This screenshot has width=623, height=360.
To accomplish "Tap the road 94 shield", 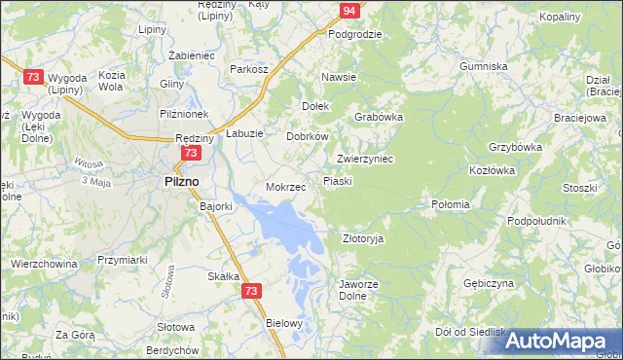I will pos(350,11).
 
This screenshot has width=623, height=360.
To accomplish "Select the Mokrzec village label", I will pos(286,186).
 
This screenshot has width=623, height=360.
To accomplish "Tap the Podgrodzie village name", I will pos(354,34).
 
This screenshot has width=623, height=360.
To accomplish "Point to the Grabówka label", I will pos(379,117).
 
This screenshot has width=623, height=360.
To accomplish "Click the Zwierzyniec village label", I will pos(364,159).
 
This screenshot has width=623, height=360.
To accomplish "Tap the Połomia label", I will pos(450,204).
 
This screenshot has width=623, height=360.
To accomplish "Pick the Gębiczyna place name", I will pos(489,283).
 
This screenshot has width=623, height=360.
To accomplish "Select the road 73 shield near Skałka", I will pos(252,290).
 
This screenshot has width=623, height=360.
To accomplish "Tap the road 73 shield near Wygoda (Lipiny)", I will pos(33,77).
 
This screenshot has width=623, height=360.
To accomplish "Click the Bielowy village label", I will pos(285,322).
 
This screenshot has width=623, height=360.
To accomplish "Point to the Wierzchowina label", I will pos(44,263).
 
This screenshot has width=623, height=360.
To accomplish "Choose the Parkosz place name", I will pos(248,69).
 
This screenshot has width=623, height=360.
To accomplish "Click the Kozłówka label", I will pos(491,170).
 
